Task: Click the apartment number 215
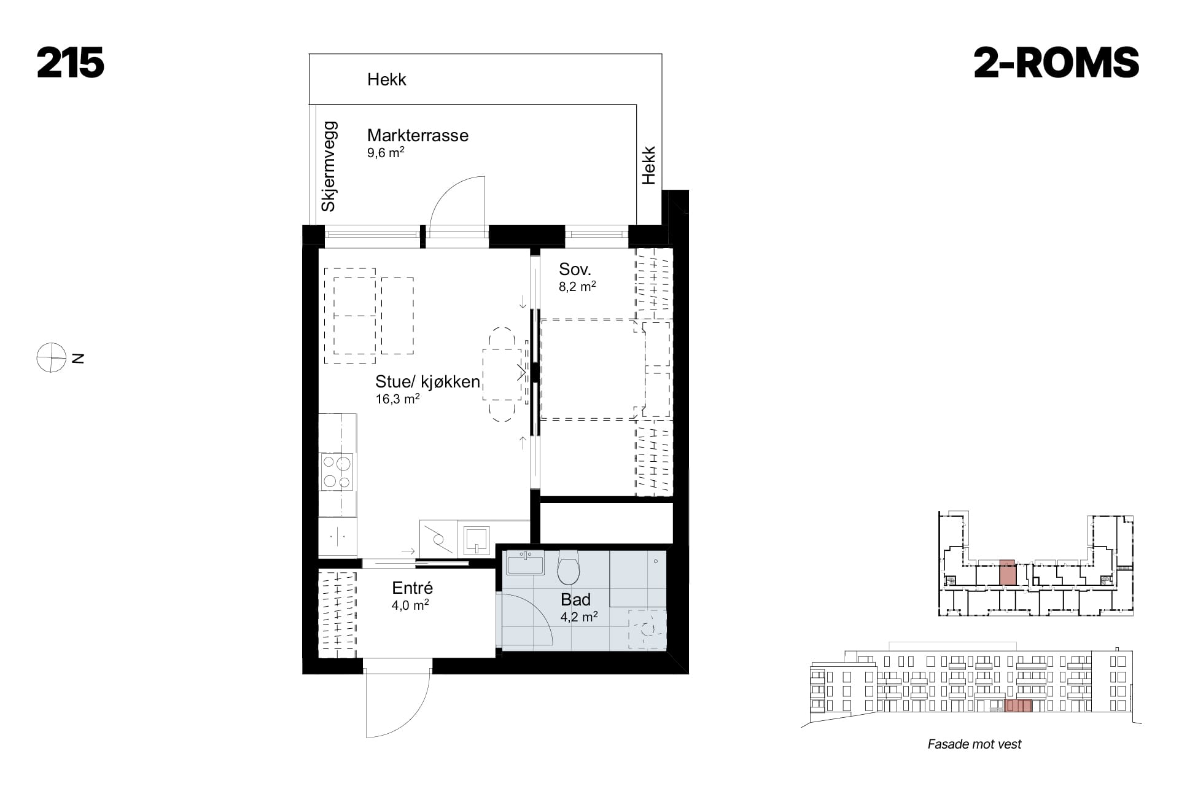71,63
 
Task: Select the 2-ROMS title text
1056,63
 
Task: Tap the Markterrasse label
418,135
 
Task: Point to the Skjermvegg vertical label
329,166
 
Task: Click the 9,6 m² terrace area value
386,152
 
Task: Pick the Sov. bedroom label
575,269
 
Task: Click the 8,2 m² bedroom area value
577,286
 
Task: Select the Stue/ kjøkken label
427,381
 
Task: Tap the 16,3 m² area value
397,399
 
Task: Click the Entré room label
412,588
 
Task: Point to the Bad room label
575,599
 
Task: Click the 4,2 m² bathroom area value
579,617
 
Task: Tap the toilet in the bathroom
569,567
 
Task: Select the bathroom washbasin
525,562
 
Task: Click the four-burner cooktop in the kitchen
337,472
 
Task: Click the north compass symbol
51,357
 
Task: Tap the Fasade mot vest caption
975,744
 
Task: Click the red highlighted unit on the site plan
1007,572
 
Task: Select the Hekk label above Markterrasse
387,79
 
